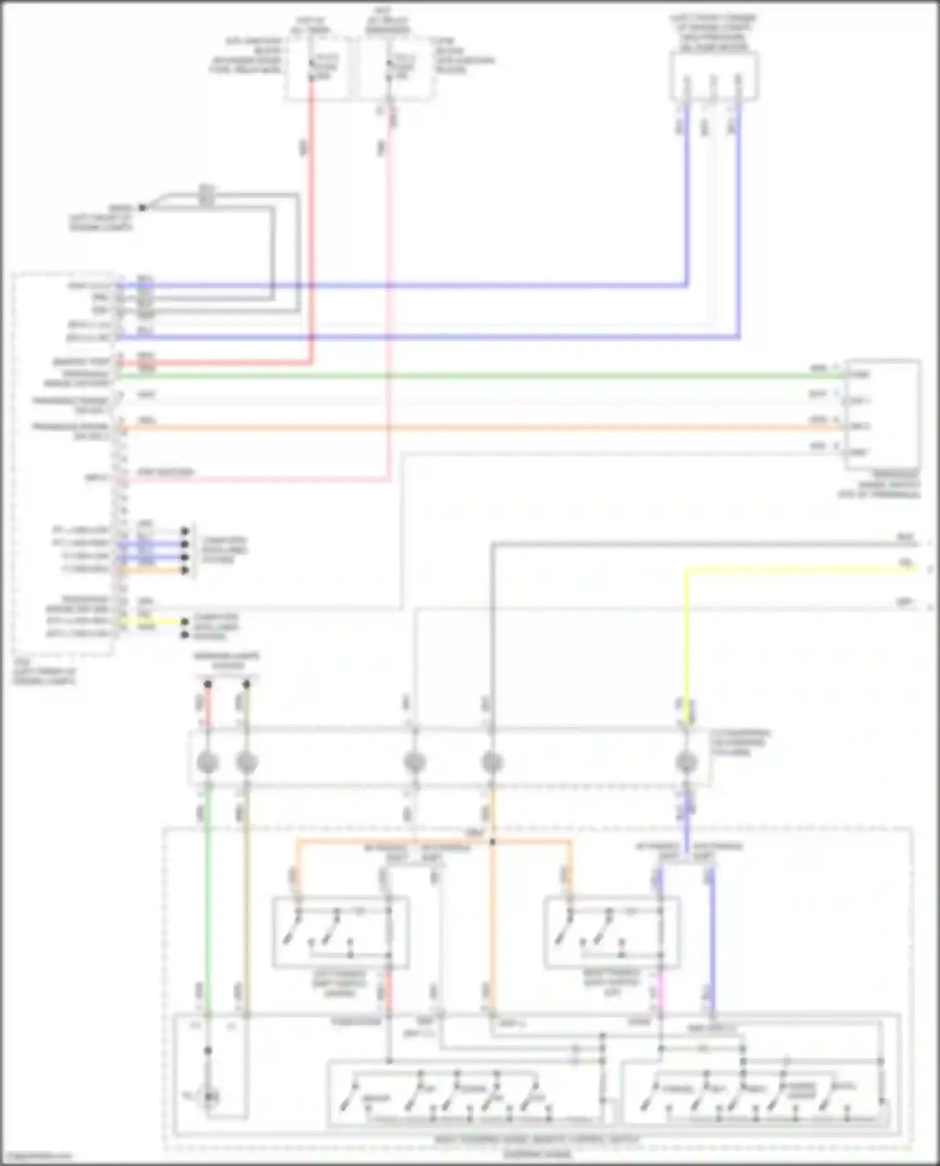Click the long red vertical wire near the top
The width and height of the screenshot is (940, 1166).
(x=310, y=219)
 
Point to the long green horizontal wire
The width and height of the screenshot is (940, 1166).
(x=476, y=376)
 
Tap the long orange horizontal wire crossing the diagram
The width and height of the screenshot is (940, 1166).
(x=476, y=429)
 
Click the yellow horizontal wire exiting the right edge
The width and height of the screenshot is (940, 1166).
(x=802, y=570)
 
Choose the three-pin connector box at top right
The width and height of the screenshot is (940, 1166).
(x=714, y=76)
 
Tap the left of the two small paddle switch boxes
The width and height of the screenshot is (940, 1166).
(x=341, y=932)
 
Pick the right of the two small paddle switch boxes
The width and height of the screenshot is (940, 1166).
(x=612, y=932)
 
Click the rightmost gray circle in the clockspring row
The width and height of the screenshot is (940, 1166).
(x=686, y=763)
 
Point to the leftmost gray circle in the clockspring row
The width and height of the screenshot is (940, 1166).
(x=207, y=763)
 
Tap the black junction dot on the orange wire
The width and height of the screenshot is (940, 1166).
(x=493, y=842)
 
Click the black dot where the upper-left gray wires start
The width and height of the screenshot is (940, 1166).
(x=143, y=207)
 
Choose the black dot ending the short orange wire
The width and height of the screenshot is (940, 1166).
(x=185, y=570)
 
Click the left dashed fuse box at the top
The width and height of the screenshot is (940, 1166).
(x=317, y=68)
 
